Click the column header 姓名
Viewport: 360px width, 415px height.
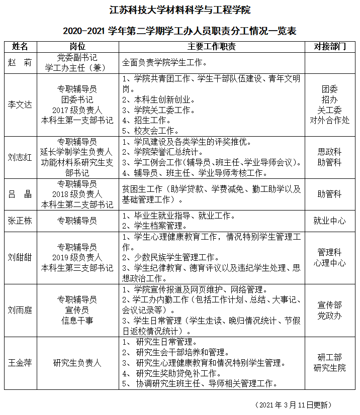(x=20, y=47)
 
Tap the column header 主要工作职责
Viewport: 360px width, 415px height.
(x=212, y=47)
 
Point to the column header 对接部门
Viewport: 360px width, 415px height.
(x=330, y=47)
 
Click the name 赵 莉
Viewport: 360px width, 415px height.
(x=20, y=63)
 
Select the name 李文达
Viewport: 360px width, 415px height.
(x=20, y=105)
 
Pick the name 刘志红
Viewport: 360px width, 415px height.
(x=20, y=157)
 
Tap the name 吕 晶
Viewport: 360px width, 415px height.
(x=20, y=194)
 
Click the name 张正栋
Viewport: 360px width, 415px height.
(x=20, y=221)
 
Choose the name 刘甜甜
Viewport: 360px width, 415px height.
(x=20, y=257)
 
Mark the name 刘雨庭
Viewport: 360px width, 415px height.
(x=20, y=310)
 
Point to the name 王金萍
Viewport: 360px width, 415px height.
(x=20, y=363)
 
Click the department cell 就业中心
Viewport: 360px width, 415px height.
(x=330, y=221)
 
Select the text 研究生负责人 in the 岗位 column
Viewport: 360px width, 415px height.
(x=77, y=363)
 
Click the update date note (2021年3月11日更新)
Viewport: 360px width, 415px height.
(x=294, y=404)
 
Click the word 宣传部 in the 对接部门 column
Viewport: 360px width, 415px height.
(x=330, y=305)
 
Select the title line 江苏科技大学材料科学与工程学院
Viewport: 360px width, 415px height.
(x=179, y=10)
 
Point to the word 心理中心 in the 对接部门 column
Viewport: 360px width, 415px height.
(x=330, y=263)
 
